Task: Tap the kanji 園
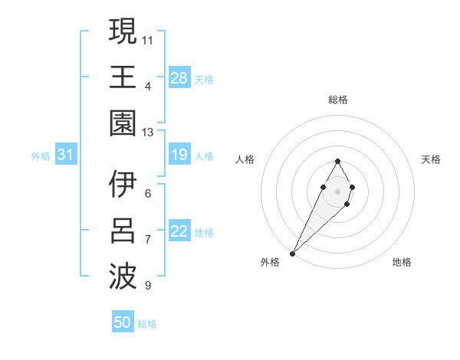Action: [123, 123]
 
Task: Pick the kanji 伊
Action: [123, 185]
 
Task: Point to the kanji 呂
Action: [123, 230]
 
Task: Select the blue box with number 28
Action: [179, 78]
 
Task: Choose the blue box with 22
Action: [179, 232]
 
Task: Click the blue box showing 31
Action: [66, 155]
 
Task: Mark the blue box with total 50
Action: [123, 322]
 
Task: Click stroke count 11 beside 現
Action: [148, 38]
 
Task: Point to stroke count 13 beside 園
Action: [148, 133]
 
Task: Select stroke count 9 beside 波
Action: [148, 286]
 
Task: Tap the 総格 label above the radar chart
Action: [337, 100]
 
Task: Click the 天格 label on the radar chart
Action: [431, 159]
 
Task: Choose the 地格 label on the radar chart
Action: [402, 262]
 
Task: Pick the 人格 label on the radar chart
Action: [245, 159]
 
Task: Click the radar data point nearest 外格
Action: [292, 253]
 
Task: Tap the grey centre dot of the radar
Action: [337, 191]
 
